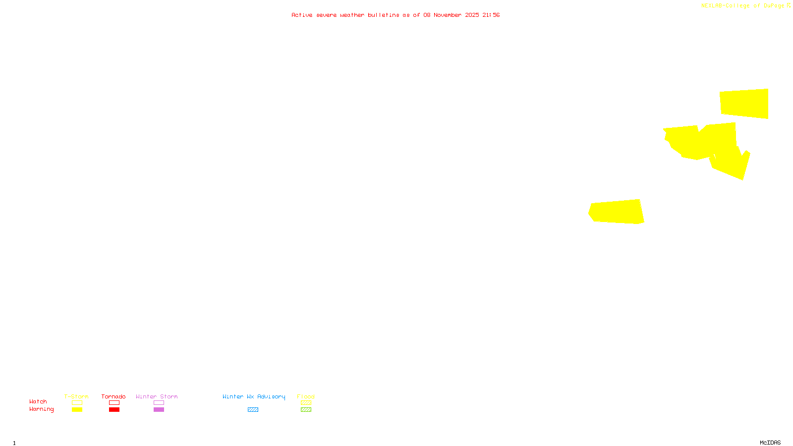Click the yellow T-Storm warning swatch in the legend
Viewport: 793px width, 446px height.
pyautogui.click(x=77, y=410)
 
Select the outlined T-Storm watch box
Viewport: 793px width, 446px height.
pyautogui.click(x=77, y=403)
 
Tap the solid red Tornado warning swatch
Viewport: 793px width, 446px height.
pyautogui.click(x=114, y=410)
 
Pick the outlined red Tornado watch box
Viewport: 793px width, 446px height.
pyautogui.click(x=114, y=403)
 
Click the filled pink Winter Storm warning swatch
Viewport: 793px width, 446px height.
pyautogui.click(x=159, y=410)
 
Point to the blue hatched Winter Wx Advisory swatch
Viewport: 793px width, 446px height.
pyautogui.click(x=253, y=410)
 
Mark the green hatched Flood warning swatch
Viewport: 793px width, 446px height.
pyautogui.click(x=306, y=410)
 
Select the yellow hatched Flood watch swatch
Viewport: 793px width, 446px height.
pyautogui.click(x=306, y=403)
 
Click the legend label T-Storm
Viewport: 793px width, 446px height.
pyautogui.click(x=76, y=396)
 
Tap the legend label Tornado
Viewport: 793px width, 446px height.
pyautogui.click(x=113, y=396)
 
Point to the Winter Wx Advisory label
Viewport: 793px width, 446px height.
pyautogui.click(x=254, y=396)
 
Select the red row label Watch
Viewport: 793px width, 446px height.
pyautogui.click(x=38, y=401)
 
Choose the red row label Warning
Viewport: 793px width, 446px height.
pyautogui.click(x=42, y=409)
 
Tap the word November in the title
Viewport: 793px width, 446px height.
pyautogui.click(x=448, y=15)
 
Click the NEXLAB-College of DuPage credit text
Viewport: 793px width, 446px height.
pyautogui.click(x=742, y=5)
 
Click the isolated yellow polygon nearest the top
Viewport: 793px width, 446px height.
pyautogui.click(x=744, y=104)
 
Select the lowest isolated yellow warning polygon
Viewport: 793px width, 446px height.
pyautogui.click(x=616, y=212)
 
